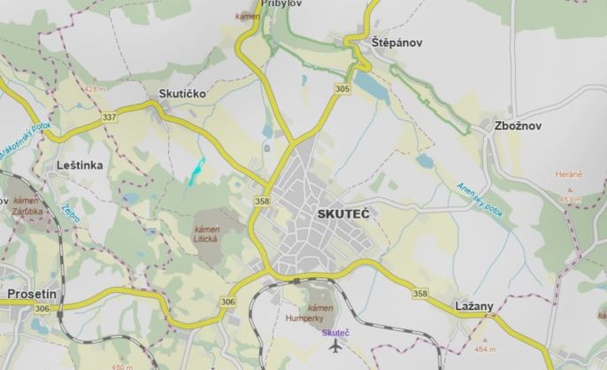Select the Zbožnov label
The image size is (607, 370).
[520, 126]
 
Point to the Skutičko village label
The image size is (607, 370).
[181, 93]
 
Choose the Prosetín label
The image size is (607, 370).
[32, 292]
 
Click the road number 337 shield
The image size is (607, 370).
[109, 117]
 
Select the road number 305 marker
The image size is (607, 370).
[342, 89]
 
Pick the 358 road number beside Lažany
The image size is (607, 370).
[419, 293]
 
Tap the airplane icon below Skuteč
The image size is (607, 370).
[335, 345]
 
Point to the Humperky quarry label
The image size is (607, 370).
[306, 316]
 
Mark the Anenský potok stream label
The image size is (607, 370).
[479, 201]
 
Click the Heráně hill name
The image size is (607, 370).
[569, 175]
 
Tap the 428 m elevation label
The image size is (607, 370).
[91, 89]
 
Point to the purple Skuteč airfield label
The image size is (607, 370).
[335, 332]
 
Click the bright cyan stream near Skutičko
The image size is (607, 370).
[195, 171]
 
